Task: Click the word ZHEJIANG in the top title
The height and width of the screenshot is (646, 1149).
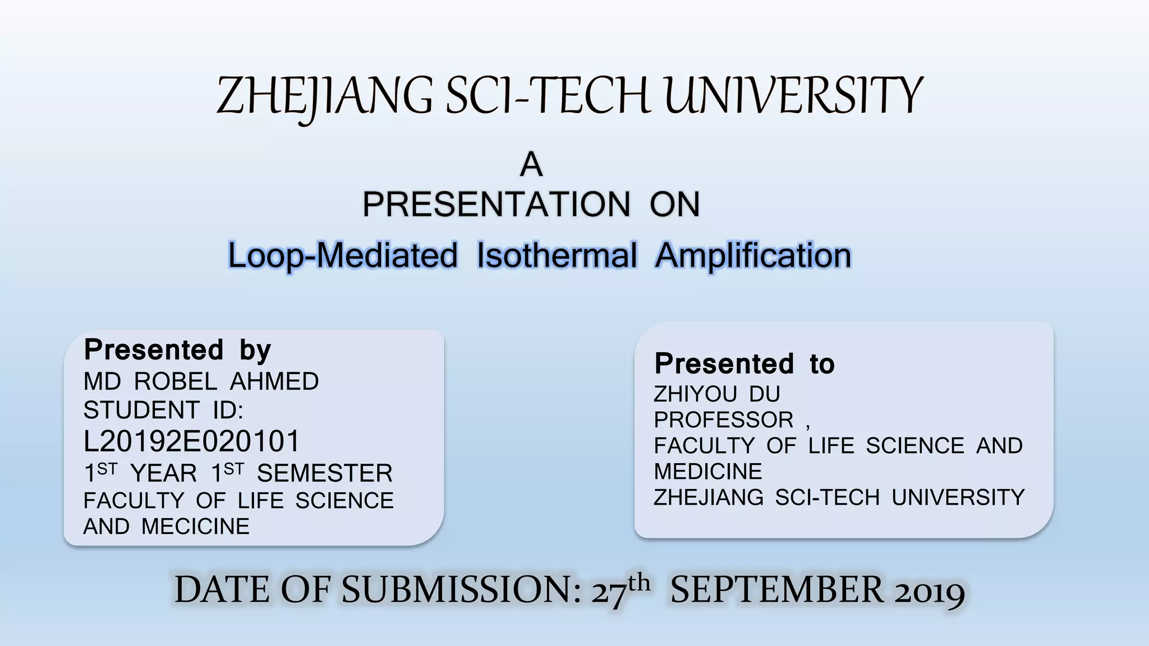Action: click(x=324, y=96)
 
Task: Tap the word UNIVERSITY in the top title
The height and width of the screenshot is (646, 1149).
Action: click(x=793, y=96)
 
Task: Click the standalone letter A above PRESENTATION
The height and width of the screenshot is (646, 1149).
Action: click(x=531, y=165)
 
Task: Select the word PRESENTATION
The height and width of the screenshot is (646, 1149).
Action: click(x=497, y=204)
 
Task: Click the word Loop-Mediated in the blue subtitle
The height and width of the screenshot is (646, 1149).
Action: click(x=343, y=256)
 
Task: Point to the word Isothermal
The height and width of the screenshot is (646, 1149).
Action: click(x=557, y=256)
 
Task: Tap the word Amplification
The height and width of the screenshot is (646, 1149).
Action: click(x=753, y=256)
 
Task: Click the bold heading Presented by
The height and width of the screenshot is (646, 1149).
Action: click(x=177, y=350)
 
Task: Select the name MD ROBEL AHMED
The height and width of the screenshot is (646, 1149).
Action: click(x=201, y=382)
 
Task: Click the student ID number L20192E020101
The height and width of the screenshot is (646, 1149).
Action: click(x=192, y=441)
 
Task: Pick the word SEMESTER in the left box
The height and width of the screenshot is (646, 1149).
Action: click(x=324, y=473)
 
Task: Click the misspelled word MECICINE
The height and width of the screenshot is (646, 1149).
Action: click(x=195, y=527)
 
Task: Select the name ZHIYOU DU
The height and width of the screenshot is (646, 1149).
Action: click(x=716, y=394)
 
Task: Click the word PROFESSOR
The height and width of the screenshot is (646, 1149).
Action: click(x=723, y=420)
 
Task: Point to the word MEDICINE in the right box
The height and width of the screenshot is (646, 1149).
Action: click(x=707, y=472)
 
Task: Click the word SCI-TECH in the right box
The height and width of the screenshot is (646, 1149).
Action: click(x=827, y=497)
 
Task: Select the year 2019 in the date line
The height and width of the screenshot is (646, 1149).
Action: click(x=929, y=591)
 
